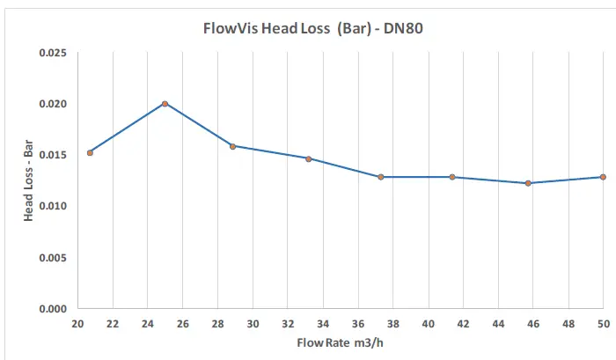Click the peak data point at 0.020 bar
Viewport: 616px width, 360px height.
pos(165,104)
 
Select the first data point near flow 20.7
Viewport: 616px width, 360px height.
pos(90,152)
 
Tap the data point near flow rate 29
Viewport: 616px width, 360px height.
pos(232,146)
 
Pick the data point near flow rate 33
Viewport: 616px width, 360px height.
pos(309,158)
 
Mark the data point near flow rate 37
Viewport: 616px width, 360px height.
pos(381,177)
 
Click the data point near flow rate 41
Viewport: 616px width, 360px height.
pos(452,177)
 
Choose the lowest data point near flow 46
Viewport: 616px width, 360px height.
pos(528,183)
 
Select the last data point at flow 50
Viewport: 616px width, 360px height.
pos(603,177)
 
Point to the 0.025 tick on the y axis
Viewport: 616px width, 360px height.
pos(54,53)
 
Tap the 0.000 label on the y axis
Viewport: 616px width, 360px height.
pos(54,309)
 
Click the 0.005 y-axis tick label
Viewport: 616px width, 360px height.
pos(54,258)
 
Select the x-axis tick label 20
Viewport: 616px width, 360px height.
pos(77,323)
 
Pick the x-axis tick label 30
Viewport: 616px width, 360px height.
pos(253,323)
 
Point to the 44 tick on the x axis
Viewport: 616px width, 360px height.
pos(498,323)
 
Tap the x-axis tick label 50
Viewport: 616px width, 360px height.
pos(603,323)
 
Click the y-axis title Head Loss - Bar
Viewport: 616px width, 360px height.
pos(28,180)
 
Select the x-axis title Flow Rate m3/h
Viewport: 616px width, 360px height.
pos(341,342)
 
